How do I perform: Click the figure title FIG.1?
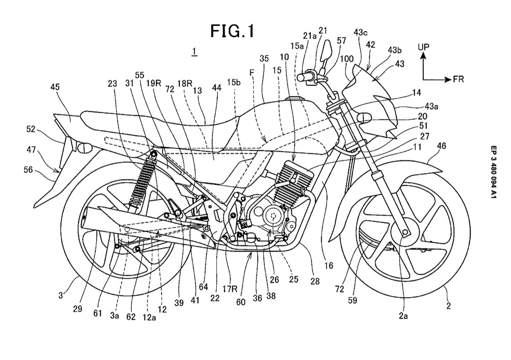[232, 31]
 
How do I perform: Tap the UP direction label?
[424, 47]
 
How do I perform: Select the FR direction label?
[458, 80]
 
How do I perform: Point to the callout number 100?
[347, 59]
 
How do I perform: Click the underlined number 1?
[194, 51]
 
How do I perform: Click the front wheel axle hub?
[405, 232]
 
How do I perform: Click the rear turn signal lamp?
[84, 147]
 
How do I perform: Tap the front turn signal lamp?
[364, 117]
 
